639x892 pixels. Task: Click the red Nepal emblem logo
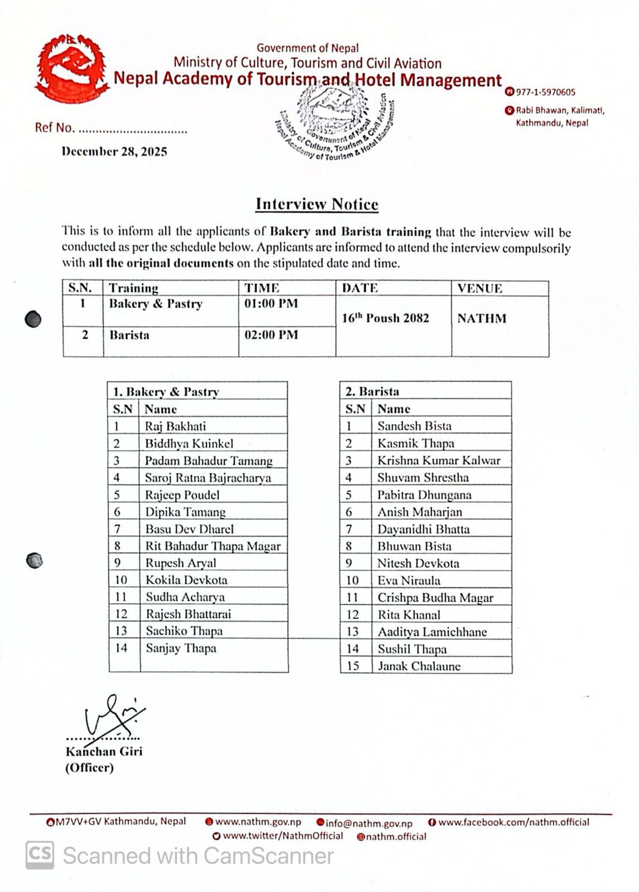coord(70,69)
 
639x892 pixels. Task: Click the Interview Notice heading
coord(317,204)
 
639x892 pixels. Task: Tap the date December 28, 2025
coord(114,152)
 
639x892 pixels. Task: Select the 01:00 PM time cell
coord(271,304)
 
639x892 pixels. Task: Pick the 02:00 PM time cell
coord(271,335)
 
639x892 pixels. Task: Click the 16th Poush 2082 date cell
coord(385,318)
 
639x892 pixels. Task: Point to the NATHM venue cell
coord(482,318)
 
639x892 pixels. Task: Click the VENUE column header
coord(480,288)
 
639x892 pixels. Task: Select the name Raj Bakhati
coord(175,426)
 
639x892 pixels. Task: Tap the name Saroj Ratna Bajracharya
coord(207,478)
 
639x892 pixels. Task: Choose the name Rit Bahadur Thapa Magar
coord(213,546)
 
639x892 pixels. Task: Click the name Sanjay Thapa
coord(181,648)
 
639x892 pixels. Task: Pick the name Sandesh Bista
coord(414,426)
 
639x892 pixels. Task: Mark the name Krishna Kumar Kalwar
coord(439,460)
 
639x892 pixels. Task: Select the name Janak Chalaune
coord(419,666)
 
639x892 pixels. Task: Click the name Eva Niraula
coord(409,580)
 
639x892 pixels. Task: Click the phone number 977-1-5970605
coord(545,92)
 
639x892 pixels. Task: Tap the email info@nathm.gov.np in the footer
coord(369,823)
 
